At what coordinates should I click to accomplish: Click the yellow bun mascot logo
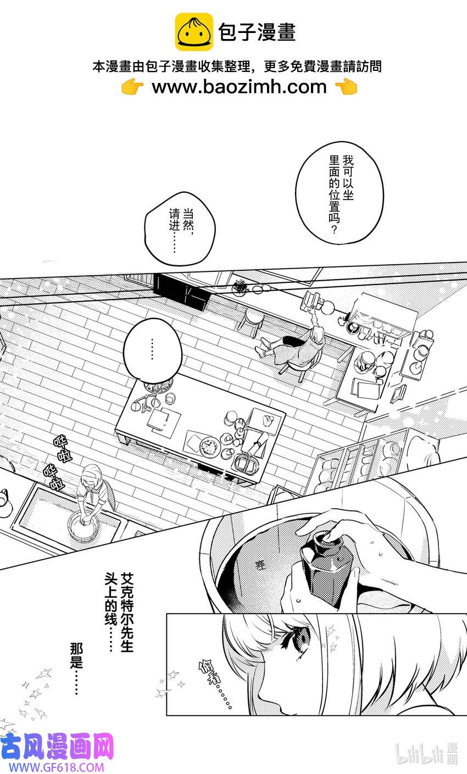pos(194,32)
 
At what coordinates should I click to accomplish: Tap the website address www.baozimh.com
pos(238,87)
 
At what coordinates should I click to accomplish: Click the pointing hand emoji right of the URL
pos(346,87)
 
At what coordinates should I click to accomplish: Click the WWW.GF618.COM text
pos(53,767)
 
